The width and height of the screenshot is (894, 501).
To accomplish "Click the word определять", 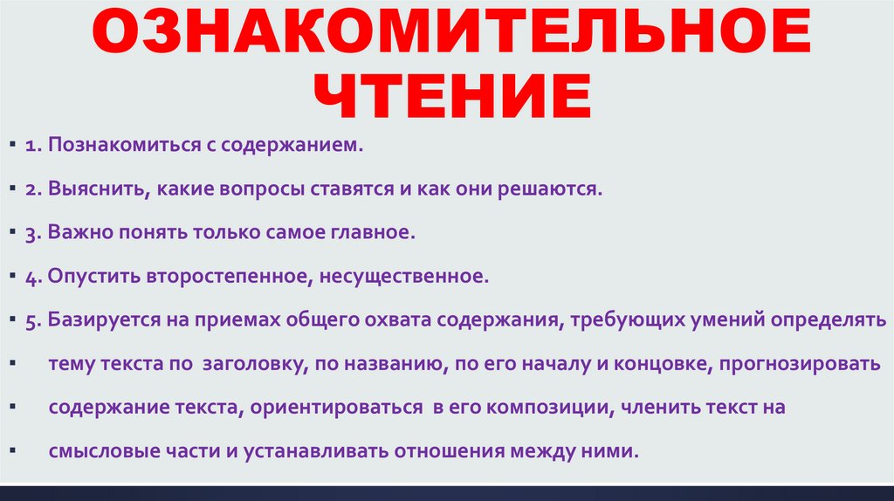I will click(x=835, y=321).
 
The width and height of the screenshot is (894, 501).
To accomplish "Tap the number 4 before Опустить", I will click(x=30, y=278).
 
